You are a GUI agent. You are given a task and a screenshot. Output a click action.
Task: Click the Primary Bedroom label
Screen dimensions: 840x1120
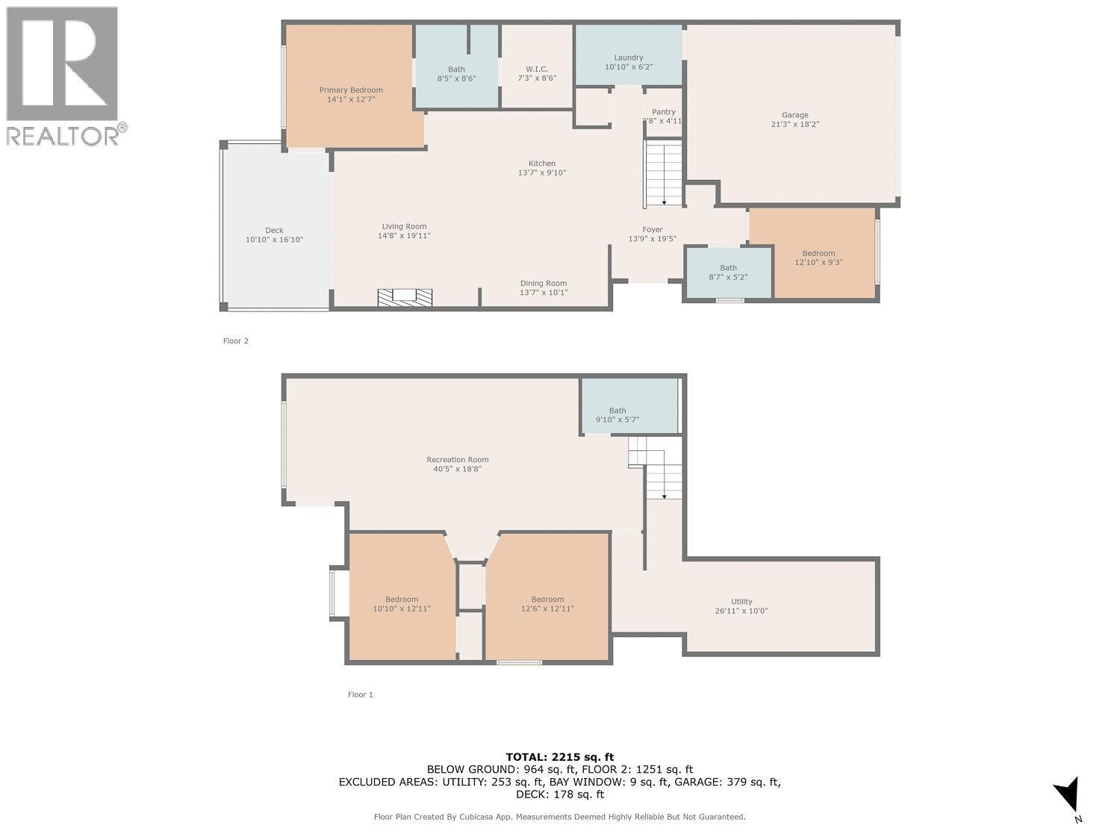[351, 90]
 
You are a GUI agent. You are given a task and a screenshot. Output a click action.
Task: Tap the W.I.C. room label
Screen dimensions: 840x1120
[536, 69]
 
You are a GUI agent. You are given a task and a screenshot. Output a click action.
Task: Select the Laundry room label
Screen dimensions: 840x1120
[629, 57]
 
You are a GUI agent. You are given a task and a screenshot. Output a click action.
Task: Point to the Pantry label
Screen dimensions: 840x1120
[663, 112]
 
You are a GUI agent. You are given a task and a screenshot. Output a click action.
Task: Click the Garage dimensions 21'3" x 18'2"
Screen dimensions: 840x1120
[794, 125]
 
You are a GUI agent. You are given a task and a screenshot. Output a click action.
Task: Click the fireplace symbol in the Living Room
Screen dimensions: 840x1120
[405, 296]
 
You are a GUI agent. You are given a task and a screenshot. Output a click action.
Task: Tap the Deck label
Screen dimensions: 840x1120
[274, 231]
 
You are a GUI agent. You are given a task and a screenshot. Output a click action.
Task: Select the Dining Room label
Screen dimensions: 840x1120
[544, 283]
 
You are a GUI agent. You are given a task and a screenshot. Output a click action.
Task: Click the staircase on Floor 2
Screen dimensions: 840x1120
[664, 173]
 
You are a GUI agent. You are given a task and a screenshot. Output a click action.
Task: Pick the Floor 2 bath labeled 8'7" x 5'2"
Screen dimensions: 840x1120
[728, 273]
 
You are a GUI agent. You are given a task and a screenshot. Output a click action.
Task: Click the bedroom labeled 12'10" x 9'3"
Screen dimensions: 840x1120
[818, 258]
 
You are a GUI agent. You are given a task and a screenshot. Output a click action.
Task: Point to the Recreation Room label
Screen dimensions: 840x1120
[457, 460]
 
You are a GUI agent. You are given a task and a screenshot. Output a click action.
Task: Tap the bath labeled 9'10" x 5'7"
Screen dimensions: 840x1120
[617, 415]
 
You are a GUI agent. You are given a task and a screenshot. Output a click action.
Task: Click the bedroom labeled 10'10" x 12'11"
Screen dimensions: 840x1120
[402, 603]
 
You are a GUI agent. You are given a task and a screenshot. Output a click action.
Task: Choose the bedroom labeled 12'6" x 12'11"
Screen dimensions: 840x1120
[547, 603]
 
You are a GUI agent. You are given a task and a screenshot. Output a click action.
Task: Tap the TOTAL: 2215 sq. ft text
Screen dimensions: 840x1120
[559, 757]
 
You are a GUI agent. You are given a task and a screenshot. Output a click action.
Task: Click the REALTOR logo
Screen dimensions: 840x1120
[63, 75]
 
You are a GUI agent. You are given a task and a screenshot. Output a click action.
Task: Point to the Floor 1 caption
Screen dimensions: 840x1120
[360, 694]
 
